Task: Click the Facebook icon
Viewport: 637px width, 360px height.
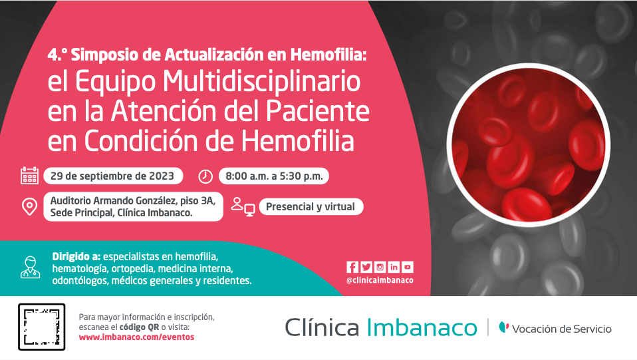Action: pyautogui.click(x=352, y=267)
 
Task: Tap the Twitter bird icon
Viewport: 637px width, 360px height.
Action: pyautogui.click(x=366, y=267)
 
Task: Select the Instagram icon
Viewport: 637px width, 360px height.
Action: pyautogui.click(x=380, y=267)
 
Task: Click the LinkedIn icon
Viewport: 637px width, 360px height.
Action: pyautogui.click(x=394, y=267)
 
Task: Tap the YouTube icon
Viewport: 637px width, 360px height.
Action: pyautogui.click(x=408, y=267)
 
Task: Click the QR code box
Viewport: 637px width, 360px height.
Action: pyautogui.click(x=41, y=327)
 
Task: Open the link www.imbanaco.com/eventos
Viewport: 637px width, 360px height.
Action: pyautogui.click(x=136, y=337)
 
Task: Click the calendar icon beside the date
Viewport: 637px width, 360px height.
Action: pyautogui.click(x=30, y=176)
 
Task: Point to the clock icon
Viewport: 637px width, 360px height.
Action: pyautogui.click(x=205, y=176)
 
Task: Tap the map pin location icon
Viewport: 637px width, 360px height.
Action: pyautogui.click(x=30, y=207)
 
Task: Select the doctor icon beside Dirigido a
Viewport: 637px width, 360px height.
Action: pyautogui.click(x=31, y=268)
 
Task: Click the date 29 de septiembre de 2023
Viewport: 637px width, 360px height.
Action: pyautogui.click(x=112, y=176)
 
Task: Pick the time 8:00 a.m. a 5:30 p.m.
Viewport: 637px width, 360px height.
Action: pyautogui.click(x=274, y=176)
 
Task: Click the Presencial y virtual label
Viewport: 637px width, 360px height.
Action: pyautogui.click(x=311, y=207)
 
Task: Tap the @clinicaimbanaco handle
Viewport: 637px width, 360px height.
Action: pyautogui.click(x=380, y=280)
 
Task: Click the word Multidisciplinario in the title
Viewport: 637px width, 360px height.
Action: pyautogui.click(x=261, y=83)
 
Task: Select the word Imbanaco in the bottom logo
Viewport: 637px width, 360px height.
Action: pyautogui.click(x=422, y=327)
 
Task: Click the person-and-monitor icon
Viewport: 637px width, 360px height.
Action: pyautogui.click(x=243, y=207)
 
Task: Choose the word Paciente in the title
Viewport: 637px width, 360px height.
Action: pyautogui.click(x=318, y=110)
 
